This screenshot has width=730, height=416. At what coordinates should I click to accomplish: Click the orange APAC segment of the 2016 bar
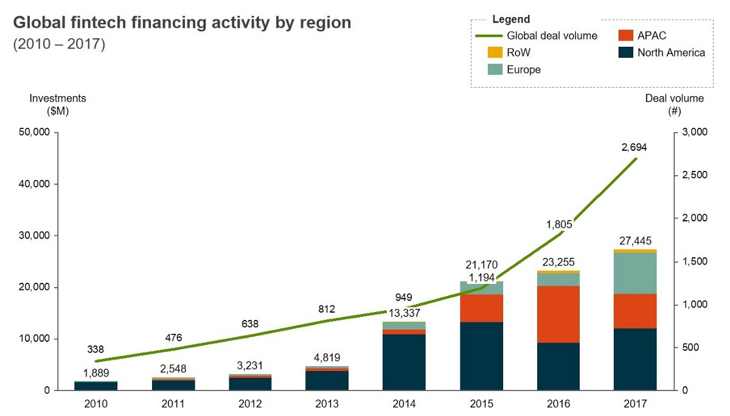[x=558, y=314]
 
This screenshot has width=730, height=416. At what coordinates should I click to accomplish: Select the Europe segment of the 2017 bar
[x=635, y=273]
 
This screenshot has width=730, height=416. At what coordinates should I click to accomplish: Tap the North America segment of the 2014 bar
[x=404, y=362]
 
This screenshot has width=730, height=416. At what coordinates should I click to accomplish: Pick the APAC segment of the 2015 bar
[x=481, y=308]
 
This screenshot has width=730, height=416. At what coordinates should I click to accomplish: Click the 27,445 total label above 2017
[x=635, y=241]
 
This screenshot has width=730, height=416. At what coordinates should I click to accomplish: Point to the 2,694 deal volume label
[x=634, y=147]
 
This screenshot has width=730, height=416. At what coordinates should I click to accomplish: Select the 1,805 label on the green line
[x=559, y=224]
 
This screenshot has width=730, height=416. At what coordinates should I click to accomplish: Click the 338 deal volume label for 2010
[x=96, y=349]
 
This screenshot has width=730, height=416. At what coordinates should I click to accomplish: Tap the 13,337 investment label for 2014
[x=404, y=313]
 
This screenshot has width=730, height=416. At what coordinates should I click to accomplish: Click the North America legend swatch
[x=625, y=53]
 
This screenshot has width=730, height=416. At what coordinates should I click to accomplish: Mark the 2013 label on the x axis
[x=327, y=403]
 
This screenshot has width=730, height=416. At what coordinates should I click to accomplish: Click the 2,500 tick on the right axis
[x=692, y=176]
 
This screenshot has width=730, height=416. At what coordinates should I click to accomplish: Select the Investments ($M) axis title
[x=58, y=104]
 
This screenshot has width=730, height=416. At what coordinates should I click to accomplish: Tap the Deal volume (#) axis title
[x=674, y=104]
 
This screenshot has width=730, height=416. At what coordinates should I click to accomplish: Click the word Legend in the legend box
[x=511, y=19]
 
